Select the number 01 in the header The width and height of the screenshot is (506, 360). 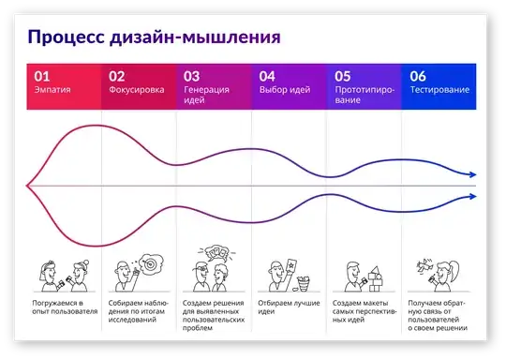pos(42,76)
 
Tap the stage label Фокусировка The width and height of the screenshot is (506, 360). pos(137,91)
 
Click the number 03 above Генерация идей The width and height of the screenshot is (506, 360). pos(191,76)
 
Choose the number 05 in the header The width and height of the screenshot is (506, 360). pos(342,76)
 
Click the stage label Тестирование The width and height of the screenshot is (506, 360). pos(439,91)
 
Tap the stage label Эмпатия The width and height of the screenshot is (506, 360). pos(52,91)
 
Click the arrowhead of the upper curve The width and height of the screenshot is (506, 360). pos(474,175)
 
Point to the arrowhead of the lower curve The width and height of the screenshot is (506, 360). pos(474,197)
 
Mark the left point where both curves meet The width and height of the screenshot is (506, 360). pos(28,186)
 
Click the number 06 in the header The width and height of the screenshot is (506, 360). pos(418,76)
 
